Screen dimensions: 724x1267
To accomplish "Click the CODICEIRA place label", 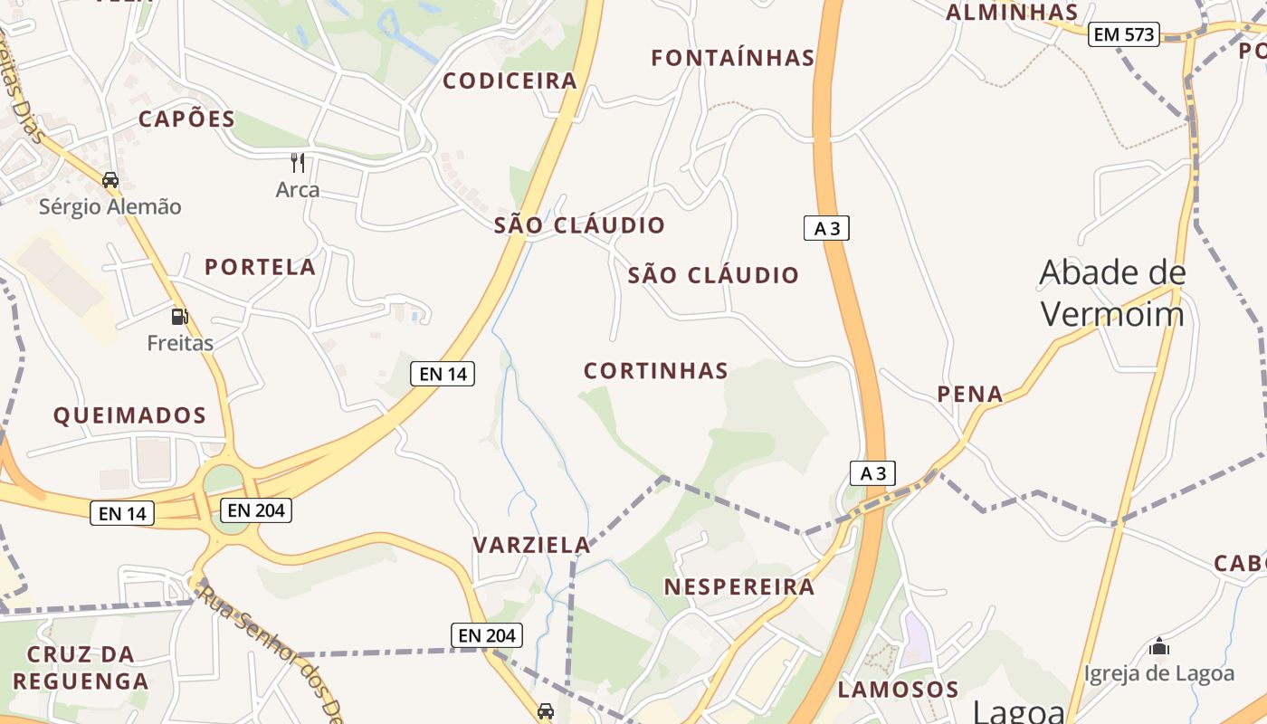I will pyautogui.click(x=510, y=81).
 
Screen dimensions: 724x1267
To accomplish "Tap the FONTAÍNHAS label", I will pyautogui.click(x=733, y=58).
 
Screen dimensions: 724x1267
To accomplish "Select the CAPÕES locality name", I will pyautogui.click(x=186, y=119).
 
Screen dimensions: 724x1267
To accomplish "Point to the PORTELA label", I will pyautogui.click(x=260, y=267).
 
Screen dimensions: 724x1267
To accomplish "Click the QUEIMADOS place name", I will pyautogui.click(x=129, y=416).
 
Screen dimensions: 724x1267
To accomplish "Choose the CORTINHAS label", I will pyautogui.click(x=656, y=371).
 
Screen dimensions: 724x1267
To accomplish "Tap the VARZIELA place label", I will pyautogui.click(x=531, y=545).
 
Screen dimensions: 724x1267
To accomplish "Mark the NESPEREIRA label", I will pyautogui.click(x=739, y=587).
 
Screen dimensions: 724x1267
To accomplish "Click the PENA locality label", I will pyautogui.click(x=970, y=395).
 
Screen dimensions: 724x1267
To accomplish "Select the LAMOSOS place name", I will pyautogui.click(x=898, y=690).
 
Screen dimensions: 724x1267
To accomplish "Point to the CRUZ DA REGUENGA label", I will pyautogui.click(x=81, y=668).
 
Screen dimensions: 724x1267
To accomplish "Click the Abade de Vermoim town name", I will pyautogui.click(x=1112, y=293).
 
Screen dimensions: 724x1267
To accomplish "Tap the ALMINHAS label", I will pyautogui.click(x=1012, y=13).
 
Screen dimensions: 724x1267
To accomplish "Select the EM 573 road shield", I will pyautogui.click(x=1123, y=34).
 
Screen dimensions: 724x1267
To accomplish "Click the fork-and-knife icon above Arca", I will pyautogui.click(x=298, y=163).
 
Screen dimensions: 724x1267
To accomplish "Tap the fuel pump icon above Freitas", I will pyautogui.click(x=180, y=316).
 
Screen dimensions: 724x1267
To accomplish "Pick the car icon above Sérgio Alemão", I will pyautogui.click(x=110, y=180).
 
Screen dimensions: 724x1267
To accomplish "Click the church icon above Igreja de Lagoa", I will pyautogui.click(x=1159, y=646).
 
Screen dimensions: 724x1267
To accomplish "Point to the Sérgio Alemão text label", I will pyautogui.click(x=110, y=207).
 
